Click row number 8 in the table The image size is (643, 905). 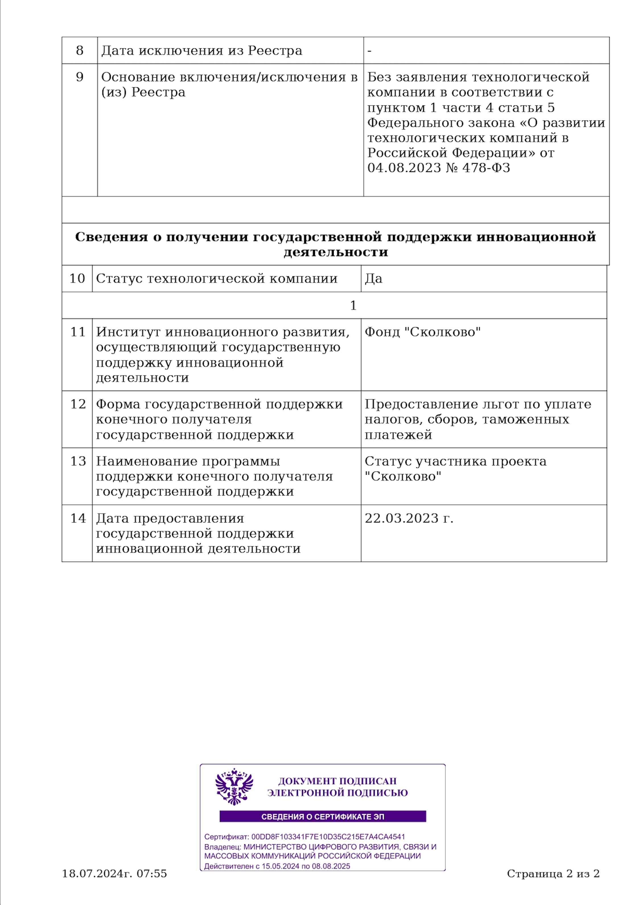80,50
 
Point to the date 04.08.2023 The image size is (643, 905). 404,168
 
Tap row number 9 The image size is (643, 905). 80,77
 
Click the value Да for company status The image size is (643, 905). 373,279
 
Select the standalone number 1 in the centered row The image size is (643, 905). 353,305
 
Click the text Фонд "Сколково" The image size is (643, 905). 423,332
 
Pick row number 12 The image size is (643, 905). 78,404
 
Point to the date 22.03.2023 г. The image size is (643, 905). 409,518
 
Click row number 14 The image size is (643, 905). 78,518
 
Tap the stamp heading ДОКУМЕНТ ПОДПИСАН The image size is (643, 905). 337,782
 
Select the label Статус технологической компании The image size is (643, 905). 217,279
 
